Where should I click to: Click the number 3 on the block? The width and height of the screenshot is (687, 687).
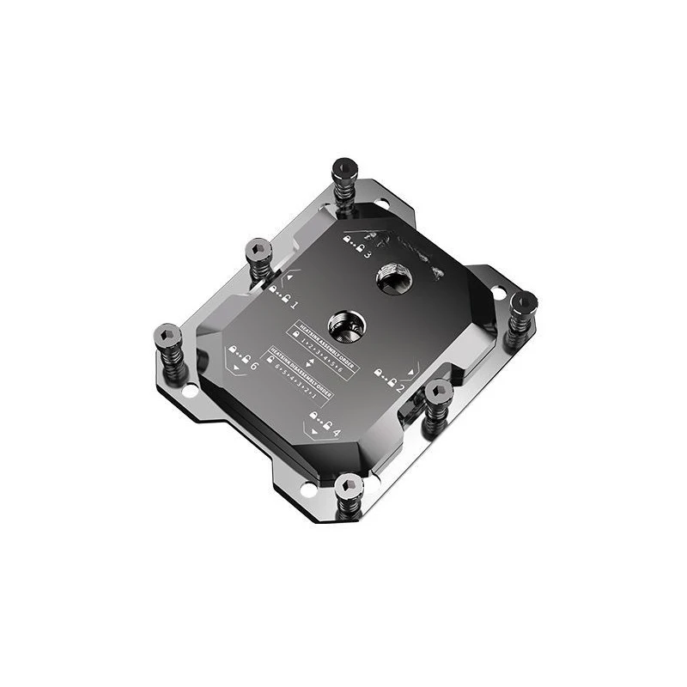368,255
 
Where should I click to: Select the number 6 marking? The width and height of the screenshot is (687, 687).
253,365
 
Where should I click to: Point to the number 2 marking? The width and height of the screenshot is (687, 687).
400,387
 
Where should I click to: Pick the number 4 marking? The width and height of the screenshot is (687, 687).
336,432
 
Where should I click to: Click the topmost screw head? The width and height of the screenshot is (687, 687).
344,167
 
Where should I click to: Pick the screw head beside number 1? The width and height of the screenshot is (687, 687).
258,250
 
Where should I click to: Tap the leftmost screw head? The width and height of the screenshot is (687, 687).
168,335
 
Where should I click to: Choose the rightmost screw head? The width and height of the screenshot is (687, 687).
523,302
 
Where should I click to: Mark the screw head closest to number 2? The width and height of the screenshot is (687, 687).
438,392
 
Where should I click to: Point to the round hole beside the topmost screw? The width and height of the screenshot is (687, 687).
381,204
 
